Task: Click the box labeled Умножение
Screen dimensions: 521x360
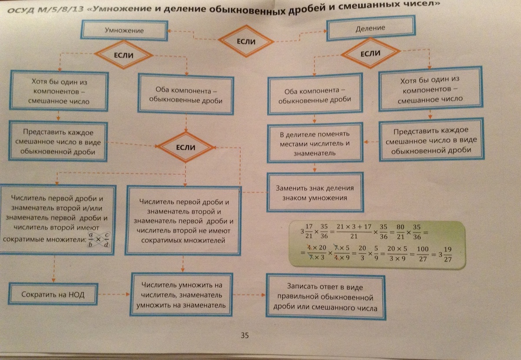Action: (x=124, y=30)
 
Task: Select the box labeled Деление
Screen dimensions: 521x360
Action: (x=371, y=28)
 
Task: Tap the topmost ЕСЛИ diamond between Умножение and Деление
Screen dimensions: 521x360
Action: (x=246, y=41)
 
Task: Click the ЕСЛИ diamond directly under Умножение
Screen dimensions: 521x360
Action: (x=124, y=55)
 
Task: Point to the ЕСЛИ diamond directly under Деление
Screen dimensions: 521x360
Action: (x=370, y=53)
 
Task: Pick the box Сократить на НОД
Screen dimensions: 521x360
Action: (x=53, y=294)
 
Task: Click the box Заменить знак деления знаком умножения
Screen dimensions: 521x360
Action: (x=315, y=192)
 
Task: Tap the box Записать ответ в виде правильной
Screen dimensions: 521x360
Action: (x=325, y=297)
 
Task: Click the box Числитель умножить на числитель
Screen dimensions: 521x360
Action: (x=181, y=294)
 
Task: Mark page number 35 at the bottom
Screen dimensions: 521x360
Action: (x=245, y=335)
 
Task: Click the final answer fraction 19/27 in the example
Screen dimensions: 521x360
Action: (x=448, y=254)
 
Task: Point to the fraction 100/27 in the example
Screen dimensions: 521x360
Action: (x=422, y=254)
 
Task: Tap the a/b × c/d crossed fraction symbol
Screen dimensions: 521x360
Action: (x=99, y=240)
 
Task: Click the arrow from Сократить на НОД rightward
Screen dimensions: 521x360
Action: (x=114, y=294)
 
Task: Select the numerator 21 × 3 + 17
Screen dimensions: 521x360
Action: (x=354, y=227)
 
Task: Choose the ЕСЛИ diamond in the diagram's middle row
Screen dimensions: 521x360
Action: (x=186, y=147)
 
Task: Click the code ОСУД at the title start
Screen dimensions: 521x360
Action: (x=20, y=10)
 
